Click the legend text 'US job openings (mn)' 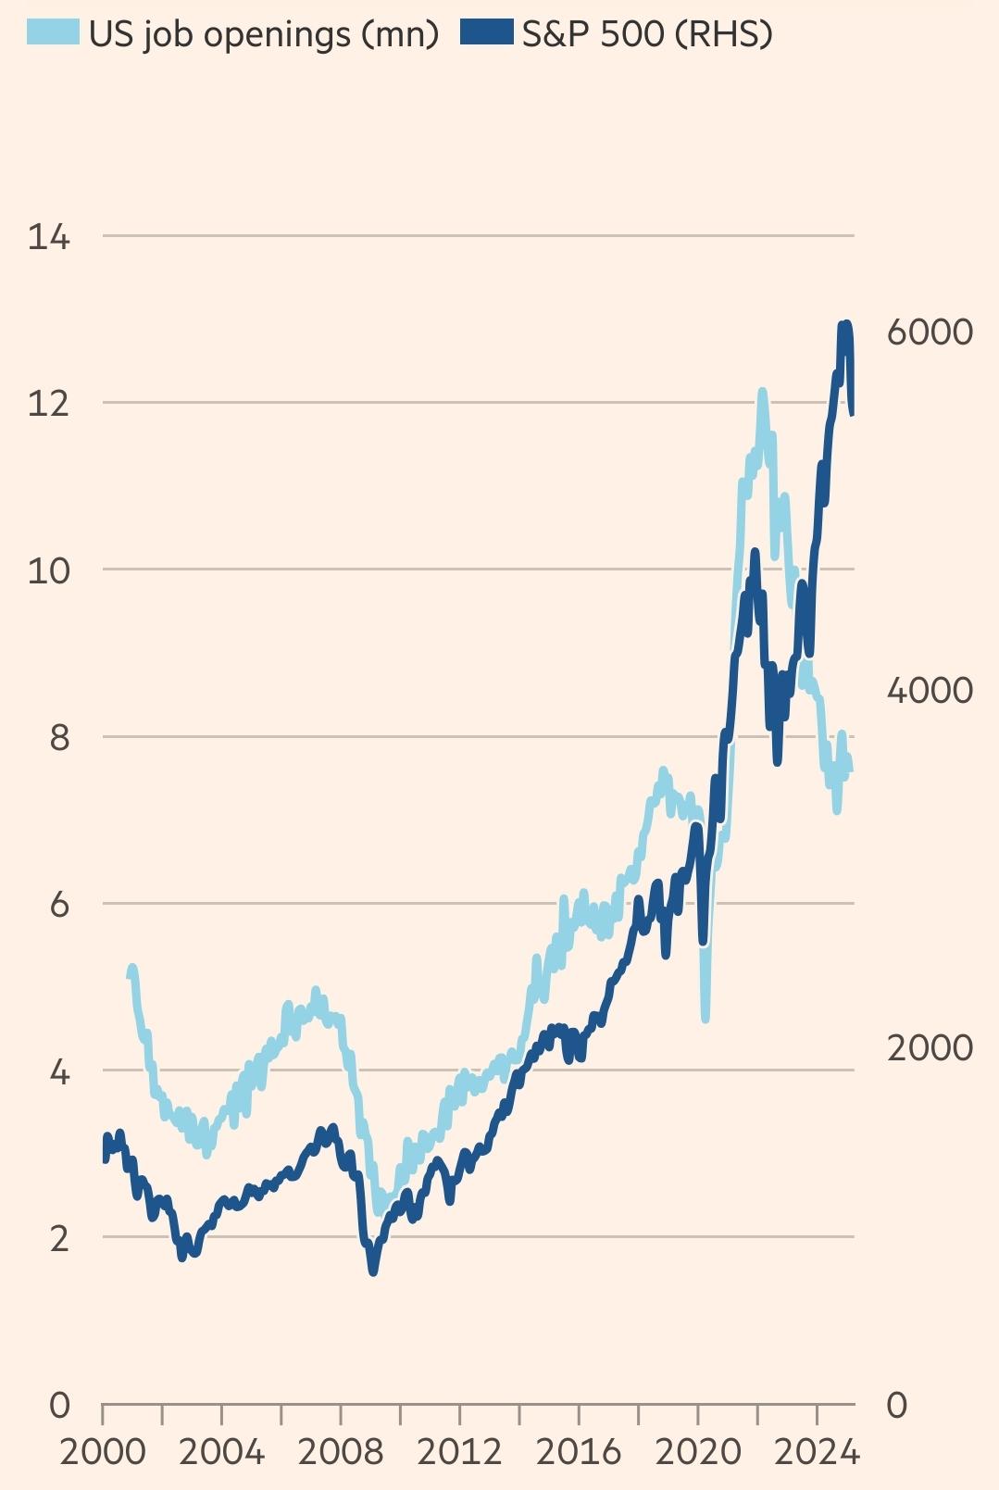pos(264,33)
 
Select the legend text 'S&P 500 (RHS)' pos(647,33)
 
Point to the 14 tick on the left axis pos(48,237)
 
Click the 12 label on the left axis pos(48,404)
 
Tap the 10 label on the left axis pos(48,570)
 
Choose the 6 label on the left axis pos(58,904)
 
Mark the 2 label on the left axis pos(58,1237)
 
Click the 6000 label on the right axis pos(929,332)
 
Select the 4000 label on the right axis pos(929,690)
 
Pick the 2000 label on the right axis pos(929,1047)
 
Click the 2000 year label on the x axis pos(103,1451)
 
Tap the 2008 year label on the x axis pos(341,1451)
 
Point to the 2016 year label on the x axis pos(579,1451)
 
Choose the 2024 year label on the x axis pos(817,1451)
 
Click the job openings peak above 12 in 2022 pos(762,393)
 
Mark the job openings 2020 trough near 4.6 pos(706,1018)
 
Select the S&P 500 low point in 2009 pos(373,1271)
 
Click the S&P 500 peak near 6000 pos(844,324)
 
